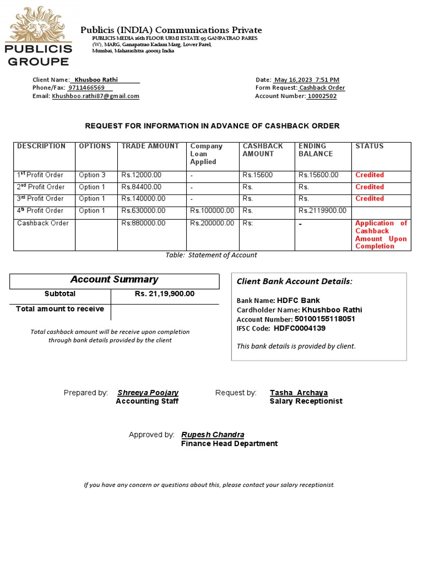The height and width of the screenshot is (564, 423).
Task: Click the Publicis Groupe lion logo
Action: point(39,36)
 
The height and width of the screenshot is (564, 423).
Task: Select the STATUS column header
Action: point(370,147)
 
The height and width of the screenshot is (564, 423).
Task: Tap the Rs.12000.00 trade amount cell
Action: point(142,175)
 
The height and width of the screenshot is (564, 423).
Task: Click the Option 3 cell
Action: point(92,175)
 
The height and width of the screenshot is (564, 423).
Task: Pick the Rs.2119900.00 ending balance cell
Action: point(322,211)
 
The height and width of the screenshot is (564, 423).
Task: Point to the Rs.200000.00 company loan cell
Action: point(212,224)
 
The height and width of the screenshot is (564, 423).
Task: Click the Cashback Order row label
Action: point(43,224)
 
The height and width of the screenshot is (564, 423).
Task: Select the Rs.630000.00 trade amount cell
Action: point(143,211)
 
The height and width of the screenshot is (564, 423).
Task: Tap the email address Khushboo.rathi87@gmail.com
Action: point(96,96)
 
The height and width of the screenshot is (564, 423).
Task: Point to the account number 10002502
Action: point(322,96)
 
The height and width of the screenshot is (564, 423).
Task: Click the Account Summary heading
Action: point(114,280)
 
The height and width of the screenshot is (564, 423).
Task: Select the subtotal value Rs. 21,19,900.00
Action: point(165,294)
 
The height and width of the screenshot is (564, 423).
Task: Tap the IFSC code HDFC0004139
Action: point(299,329)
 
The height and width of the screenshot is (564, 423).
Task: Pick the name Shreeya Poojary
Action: point(148,393)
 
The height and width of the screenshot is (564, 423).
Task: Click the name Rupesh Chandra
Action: point(213,435)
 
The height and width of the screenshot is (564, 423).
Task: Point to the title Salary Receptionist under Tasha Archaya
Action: point(306,402)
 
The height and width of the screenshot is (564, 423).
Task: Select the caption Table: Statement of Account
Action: point(211,256)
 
